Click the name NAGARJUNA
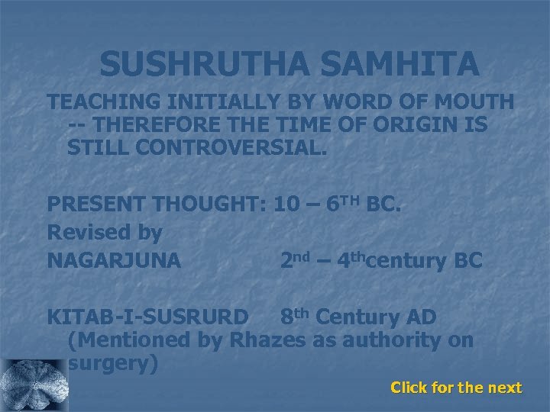pyautogui.click(x=115, y=260)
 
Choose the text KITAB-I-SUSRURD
pyautogui.click(x=147, y=316)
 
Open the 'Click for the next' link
pyautogui.click(x=456, y=388)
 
